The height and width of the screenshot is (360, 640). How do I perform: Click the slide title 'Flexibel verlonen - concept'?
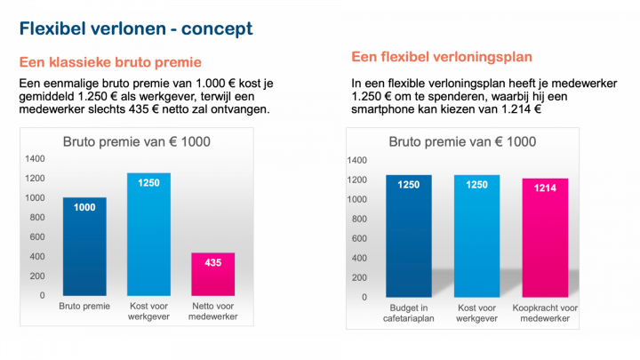[x=136, y=28]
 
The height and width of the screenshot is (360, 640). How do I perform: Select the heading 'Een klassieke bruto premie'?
[x=110, y=62]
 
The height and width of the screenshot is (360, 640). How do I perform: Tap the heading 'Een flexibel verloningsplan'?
[x=442, y=57]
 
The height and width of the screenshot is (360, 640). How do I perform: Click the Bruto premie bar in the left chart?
[x=84, y=246]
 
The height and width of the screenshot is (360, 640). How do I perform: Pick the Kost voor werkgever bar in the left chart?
[x=148, y=234]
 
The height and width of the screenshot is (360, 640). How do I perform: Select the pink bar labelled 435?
[x=213, y=274]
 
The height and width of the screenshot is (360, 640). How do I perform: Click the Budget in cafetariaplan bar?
[x=408, y=236]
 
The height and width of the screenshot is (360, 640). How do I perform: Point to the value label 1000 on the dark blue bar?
[x=84, y=206]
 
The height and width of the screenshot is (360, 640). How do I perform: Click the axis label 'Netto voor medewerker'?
[x=213, y=311]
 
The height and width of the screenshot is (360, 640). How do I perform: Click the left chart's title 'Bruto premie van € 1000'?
[x=136, y=142]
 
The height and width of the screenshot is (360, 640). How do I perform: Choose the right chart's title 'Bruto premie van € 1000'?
[x=463, y=142]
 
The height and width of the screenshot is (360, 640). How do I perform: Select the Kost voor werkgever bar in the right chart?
[x=476, y=236]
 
